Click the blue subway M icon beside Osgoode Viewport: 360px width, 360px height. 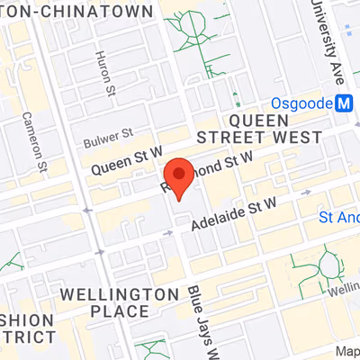pos(342,103)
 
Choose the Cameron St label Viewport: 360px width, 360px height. pos(40,144)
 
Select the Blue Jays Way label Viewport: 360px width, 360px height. pos(202,319)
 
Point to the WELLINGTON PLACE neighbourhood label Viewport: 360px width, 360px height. pos(119,302)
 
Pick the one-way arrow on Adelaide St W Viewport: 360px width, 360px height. pos(168,233)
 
